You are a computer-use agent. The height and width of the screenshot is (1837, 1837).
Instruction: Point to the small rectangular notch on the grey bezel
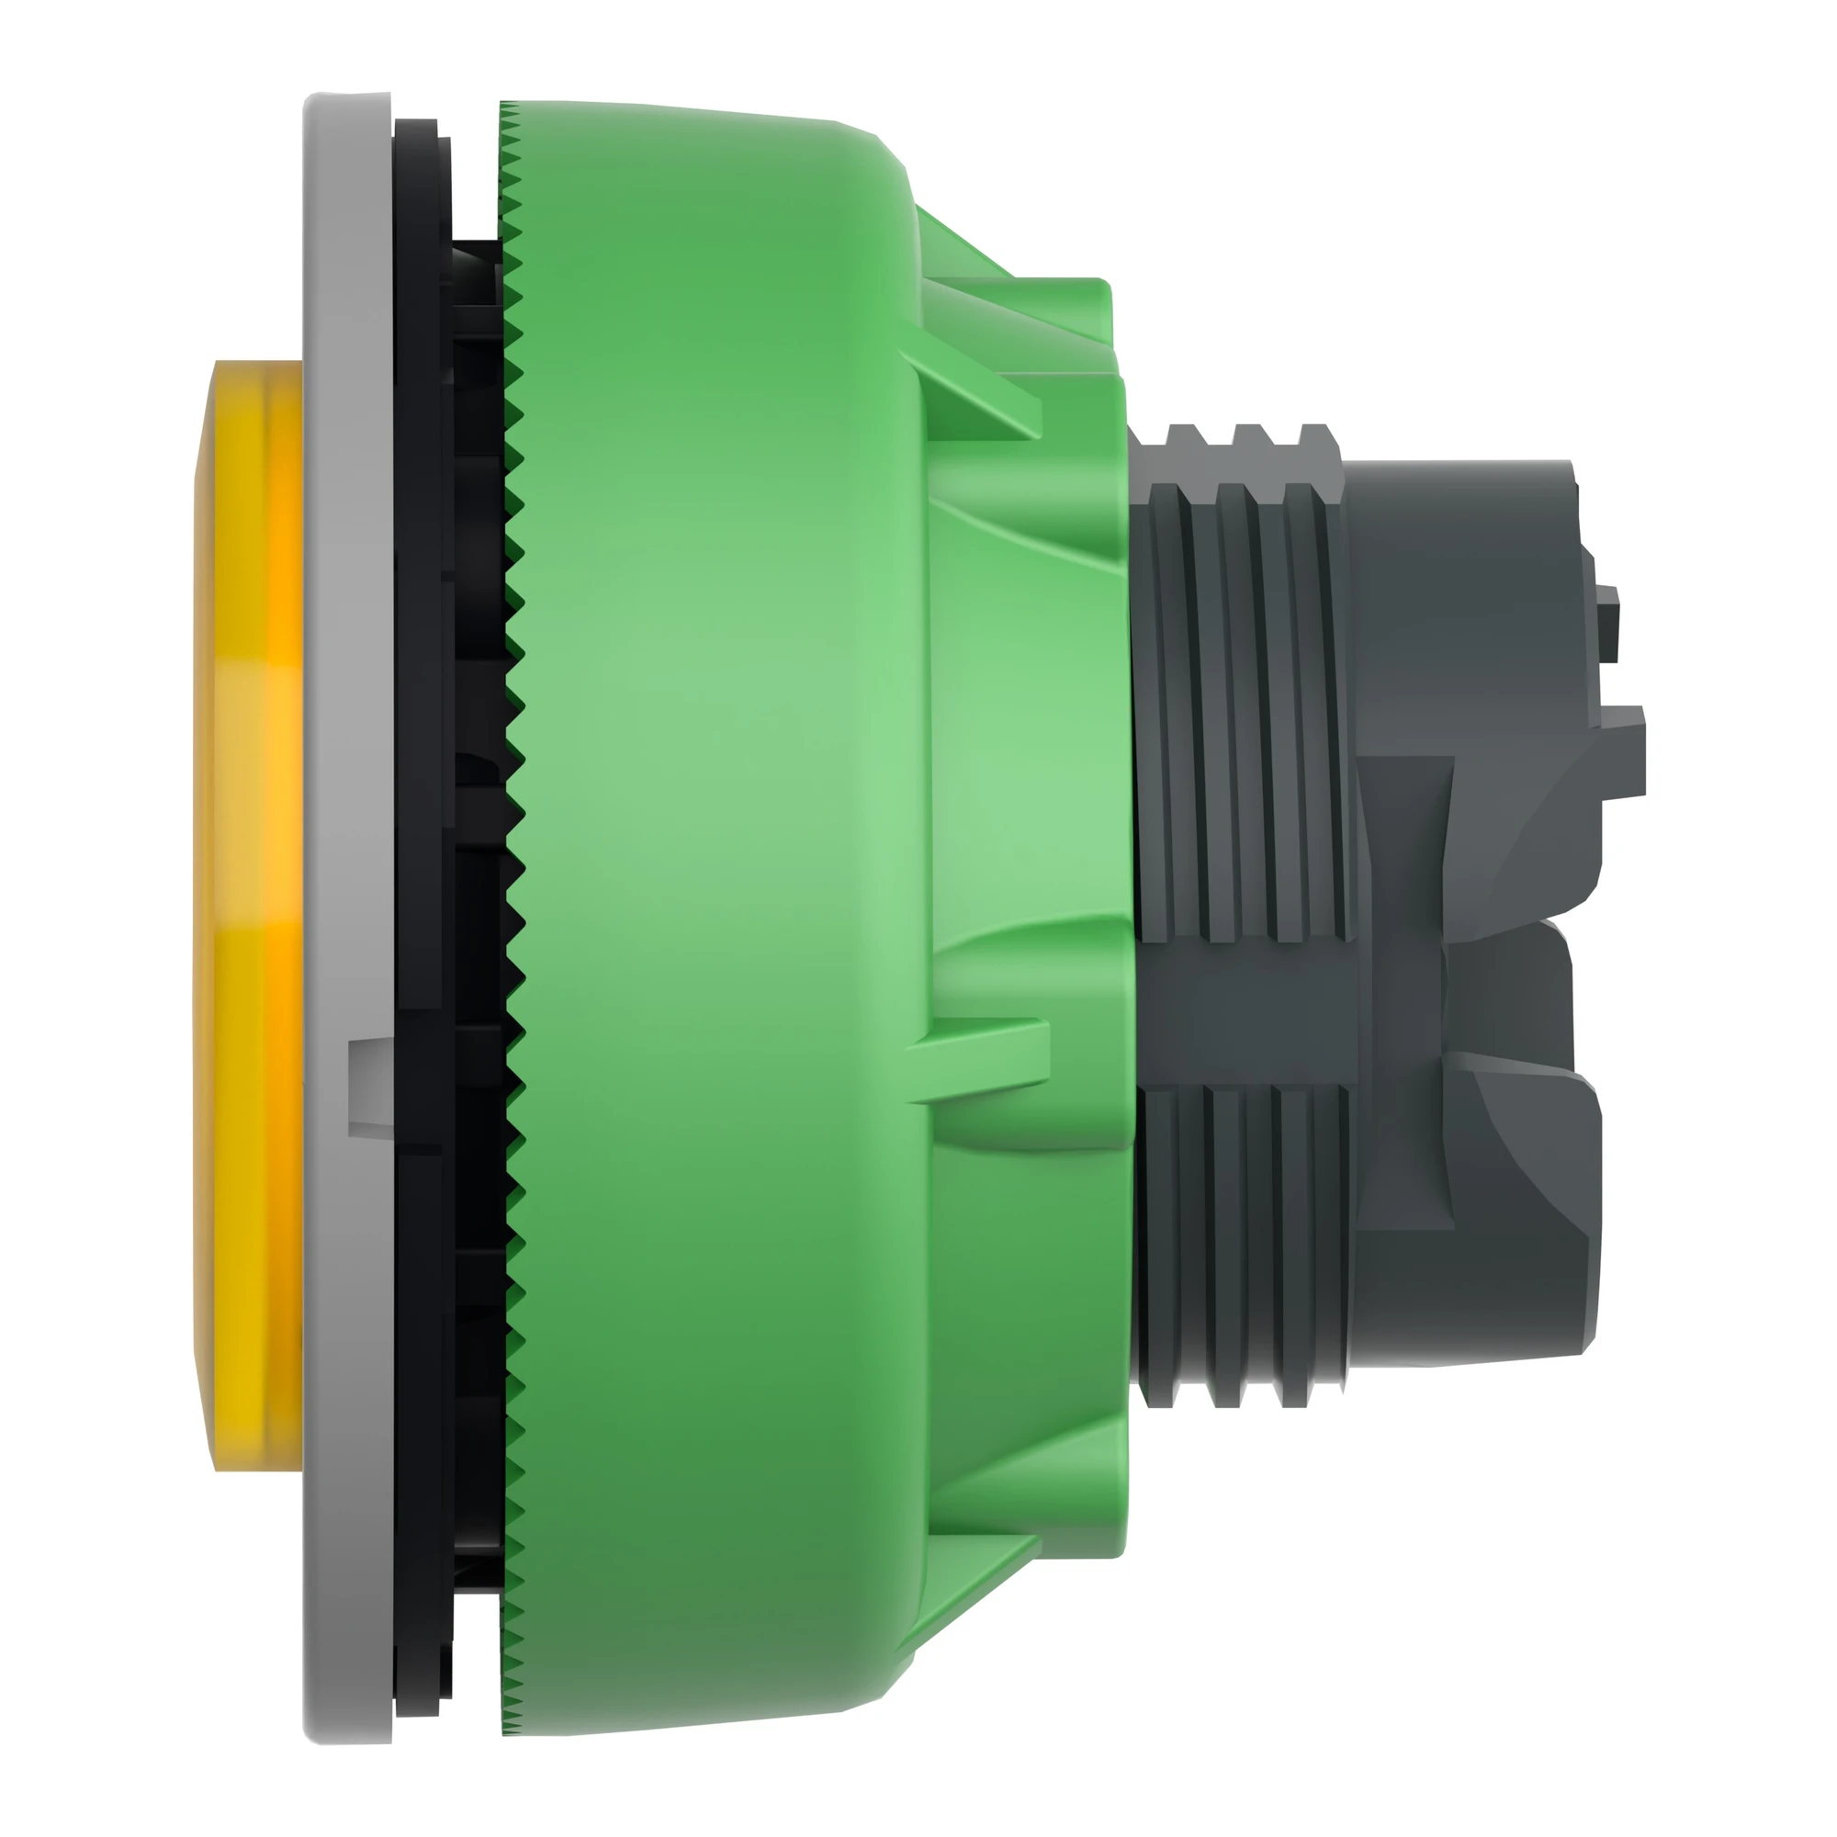point(369,1079)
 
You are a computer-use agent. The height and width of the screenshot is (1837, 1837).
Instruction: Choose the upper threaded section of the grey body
point(1245,704)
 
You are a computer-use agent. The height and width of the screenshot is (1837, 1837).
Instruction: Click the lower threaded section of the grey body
point(1245,1236)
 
